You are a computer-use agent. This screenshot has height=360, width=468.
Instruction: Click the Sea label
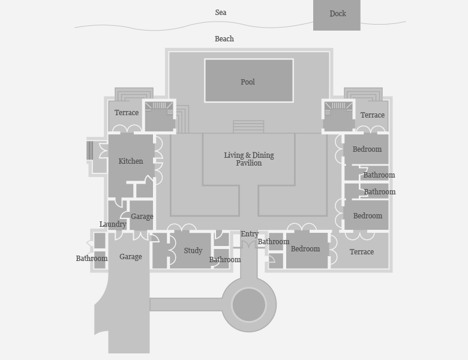(221, 13)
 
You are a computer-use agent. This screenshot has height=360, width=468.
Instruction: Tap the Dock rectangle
(337, 14)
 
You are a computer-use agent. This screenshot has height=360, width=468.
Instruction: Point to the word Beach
(224, 39)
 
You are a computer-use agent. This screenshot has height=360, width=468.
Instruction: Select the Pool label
(248, 82)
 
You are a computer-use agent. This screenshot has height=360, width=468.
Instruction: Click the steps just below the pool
(248, 127)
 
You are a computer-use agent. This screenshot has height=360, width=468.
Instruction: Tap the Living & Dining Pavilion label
(249, 159)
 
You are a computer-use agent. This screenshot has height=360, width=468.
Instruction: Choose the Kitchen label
(131, 161)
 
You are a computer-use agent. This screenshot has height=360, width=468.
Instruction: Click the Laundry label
(113, 224)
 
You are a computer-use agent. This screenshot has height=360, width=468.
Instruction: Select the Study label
(193, 251)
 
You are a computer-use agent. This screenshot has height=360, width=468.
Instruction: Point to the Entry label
(250, 234)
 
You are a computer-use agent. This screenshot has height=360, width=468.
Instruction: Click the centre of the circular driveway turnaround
(249, 305)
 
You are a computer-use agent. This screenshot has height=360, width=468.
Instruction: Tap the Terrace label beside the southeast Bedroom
(362, 252)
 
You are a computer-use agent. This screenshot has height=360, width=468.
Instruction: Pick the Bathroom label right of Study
(225, 260)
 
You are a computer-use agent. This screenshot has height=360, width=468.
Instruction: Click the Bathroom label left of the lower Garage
(92, 259)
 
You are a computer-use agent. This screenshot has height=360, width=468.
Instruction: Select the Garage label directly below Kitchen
(142, 217)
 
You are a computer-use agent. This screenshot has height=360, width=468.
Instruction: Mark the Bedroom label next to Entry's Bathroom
(305, 249)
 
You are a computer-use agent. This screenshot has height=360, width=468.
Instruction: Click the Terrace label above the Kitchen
(127, 113)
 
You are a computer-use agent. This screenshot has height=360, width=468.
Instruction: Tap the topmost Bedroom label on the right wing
(367, 149)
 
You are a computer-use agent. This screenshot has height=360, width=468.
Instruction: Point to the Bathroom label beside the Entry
(274, 242)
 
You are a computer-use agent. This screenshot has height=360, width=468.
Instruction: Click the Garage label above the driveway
(131, 257)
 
